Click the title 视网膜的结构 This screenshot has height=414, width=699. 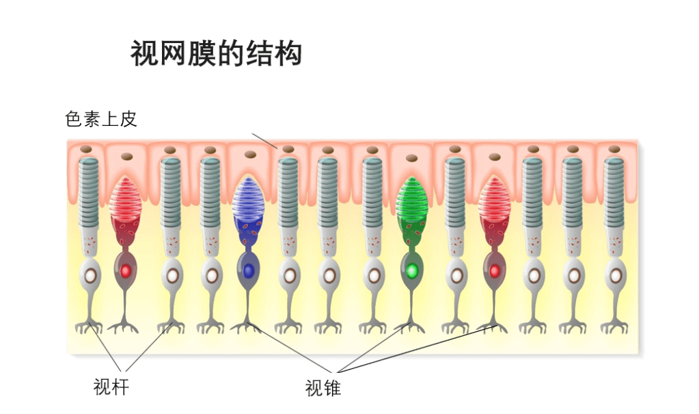point(216,53)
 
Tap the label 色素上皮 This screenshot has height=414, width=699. point(101,119)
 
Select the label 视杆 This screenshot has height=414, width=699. point(111,387)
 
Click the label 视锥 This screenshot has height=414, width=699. point(323,389)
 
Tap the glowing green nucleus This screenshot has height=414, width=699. point(411,271)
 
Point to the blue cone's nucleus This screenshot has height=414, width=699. point(248,271)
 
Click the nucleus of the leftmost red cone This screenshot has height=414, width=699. point(124,271)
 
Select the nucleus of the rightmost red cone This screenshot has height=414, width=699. point(494,271)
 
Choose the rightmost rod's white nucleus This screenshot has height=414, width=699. point(616,275)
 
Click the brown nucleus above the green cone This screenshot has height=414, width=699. point(411,157)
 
